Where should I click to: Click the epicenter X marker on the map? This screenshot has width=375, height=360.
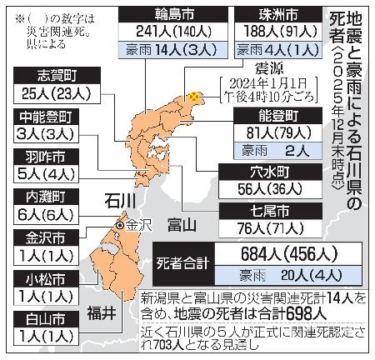coord(195,97)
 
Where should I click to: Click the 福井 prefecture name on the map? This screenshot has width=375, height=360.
coord(97,312)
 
